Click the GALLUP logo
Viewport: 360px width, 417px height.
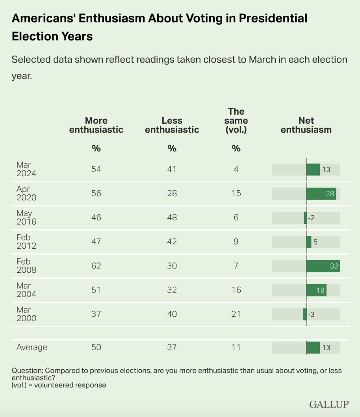330,404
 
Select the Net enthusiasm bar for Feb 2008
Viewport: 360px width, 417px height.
323,266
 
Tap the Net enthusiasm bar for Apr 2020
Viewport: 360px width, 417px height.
321,194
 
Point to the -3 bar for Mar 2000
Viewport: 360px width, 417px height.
305,314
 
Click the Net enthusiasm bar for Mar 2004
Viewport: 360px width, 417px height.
316,290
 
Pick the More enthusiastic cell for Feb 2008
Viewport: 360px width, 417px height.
96,266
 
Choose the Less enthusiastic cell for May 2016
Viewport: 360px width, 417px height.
172,218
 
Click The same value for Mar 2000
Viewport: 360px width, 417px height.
236,314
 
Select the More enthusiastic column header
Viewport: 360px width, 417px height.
96,125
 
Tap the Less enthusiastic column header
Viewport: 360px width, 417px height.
172,125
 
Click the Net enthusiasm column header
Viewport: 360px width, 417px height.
306,125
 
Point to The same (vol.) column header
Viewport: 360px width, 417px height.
236,121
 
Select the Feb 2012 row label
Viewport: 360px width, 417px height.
26,242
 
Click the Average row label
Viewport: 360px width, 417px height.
32,347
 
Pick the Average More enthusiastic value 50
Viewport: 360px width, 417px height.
96,347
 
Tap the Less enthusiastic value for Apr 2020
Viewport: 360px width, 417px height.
172,194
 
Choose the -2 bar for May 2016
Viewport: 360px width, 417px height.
305,218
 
